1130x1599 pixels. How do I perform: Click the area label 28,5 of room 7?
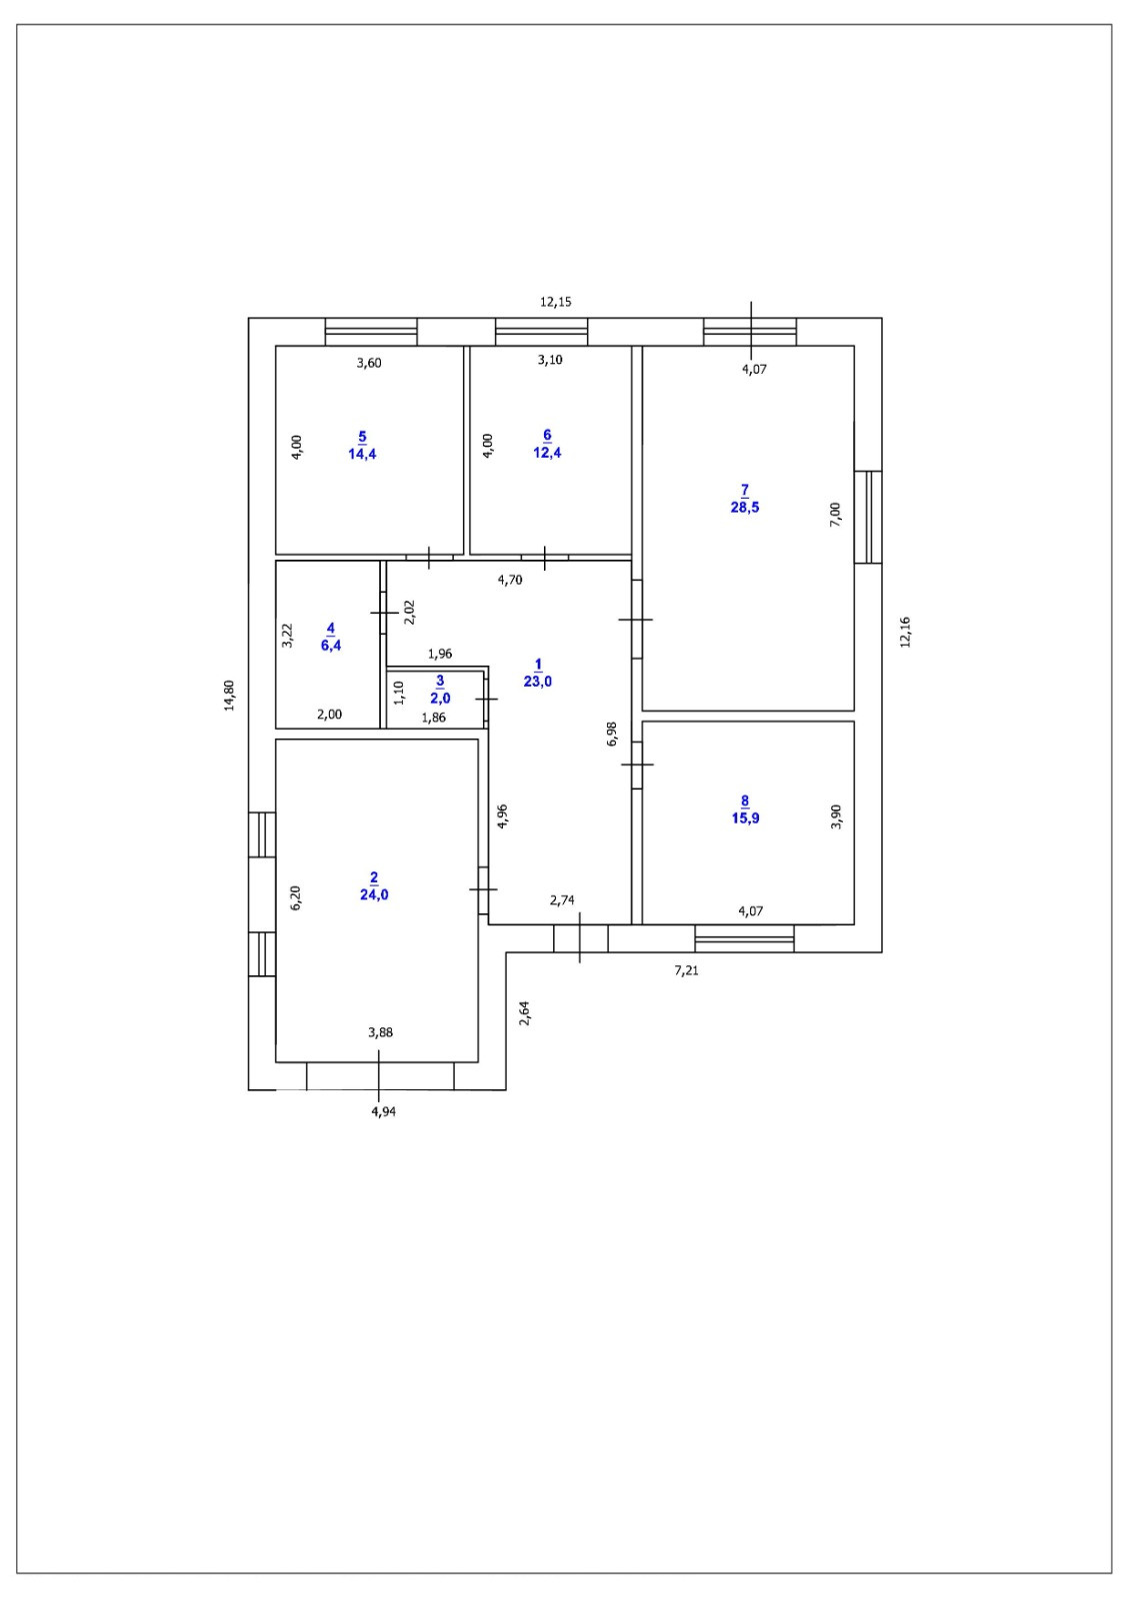[744, 507]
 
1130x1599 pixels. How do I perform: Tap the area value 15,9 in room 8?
[744, 818]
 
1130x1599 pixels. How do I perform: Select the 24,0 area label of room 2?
[374, 894]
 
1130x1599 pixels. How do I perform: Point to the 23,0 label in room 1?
[537, 682]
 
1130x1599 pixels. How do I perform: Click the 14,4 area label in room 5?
[362, 453]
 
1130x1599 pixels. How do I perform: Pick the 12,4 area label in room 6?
[547, 452]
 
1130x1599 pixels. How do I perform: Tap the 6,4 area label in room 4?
[330, 645]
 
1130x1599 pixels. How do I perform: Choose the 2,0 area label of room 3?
[440, 698]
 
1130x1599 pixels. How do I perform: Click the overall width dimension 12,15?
[555, 301]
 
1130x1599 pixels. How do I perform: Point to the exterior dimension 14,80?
[229, 695]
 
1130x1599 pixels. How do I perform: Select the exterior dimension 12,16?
[906, 632]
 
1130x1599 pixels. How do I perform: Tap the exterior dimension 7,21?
[686, 969]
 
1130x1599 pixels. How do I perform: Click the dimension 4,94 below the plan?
[383, 1110]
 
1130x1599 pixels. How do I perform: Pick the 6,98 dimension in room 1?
[613, 734]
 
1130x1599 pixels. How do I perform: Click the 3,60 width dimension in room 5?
[369, 363]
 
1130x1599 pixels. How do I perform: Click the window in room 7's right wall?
[868, 517]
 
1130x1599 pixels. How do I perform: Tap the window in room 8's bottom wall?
[744, 938]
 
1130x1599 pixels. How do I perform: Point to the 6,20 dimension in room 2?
[295, 896]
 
